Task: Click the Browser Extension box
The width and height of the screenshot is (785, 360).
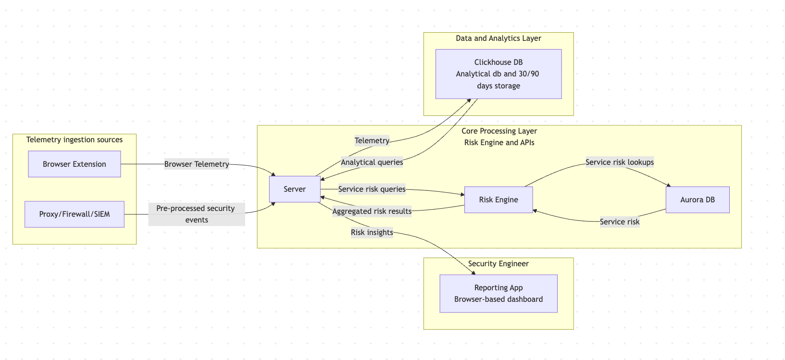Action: pos(74,164)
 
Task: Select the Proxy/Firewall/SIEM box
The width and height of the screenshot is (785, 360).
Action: pos(74,214)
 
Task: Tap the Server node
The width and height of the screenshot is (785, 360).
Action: pos(294,189)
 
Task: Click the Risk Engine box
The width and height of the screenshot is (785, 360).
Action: pos(498,199)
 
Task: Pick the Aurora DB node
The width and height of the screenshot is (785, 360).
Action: pos(697,199)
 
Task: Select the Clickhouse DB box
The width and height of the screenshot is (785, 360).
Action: pos(498,74)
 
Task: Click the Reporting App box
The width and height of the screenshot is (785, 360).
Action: pos(498,293)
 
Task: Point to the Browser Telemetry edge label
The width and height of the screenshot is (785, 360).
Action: pos(196,164)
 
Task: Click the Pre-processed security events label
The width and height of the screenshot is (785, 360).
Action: pos(196,214)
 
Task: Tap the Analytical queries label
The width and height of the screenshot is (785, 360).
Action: pos(372,162)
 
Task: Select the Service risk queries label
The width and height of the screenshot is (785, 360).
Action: pos(372,189)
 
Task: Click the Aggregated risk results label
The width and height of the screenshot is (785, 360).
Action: pos(372,211)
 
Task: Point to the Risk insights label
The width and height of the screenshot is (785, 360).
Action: pos(372,232)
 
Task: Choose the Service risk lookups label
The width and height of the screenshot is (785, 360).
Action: pos(619,162)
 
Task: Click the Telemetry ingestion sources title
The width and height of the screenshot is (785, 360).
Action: pos(74,139)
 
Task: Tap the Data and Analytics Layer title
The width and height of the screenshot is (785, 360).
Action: pos(498,38)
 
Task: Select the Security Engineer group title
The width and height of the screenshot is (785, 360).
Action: pos(498,263)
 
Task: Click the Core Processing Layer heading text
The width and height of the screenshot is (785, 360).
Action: pos(499,131)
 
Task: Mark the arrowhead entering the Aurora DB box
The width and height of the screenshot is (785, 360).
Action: pos(668,185)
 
